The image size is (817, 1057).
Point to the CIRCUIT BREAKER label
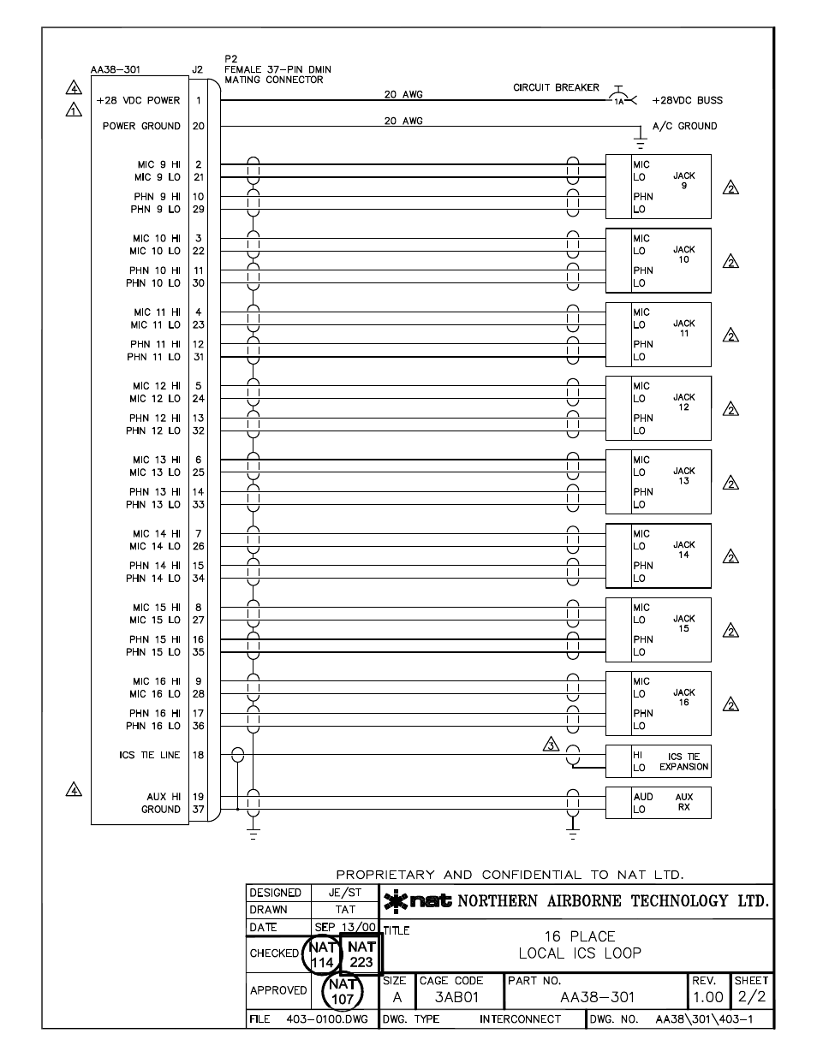click(x=556, y=87)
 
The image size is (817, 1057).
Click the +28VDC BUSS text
click(x=687, y=100)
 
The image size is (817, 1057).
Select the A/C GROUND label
click(x=684, y=126)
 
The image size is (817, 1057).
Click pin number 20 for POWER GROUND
click(x=198, y=126)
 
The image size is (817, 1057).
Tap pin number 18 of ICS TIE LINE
click(x=198, y=755)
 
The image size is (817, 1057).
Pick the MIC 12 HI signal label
click(x=156, y=386)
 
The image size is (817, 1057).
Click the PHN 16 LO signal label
click(x=153, y=726)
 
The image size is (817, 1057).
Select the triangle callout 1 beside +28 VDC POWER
click(x=75, y=110)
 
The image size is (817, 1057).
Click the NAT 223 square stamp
click(x=361, y=954)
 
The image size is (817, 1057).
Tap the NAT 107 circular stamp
click(x=342, y=992)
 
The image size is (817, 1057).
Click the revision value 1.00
click(x=708, y=998)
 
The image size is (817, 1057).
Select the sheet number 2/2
click(x=752, y=998)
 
